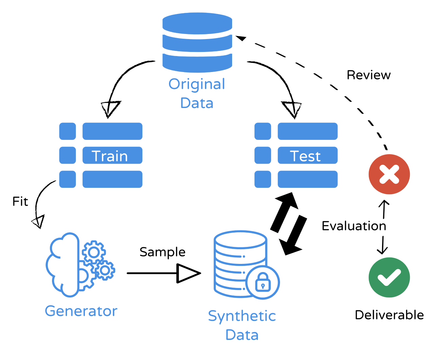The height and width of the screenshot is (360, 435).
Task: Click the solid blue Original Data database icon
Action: click(x=197, y=42)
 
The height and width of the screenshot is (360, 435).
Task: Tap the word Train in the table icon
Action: click(x=109, y=156)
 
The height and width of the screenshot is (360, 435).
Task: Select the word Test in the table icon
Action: click(x=305, y=156)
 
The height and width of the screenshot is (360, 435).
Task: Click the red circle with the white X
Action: click(x=389, y=174)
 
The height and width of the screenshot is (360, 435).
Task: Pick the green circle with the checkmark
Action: click(x=389, y=277)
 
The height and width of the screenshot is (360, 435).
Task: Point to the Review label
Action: click(x=368, y=75)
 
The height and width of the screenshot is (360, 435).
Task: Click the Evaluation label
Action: click(x=354, y=226)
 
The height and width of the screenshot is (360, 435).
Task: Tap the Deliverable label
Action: click(x=389, y=315)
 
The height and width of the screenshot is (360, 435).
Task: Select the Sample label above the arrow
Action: click(x=162, y=252)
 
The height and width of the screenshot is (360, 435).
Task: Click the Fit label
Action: click(x=20, y=201)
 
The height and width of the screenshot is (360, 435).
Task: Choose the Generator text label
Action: click(x=81, y=311)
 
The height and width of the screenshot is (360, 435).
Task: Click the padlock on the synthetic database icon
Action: click(x=263, y=282)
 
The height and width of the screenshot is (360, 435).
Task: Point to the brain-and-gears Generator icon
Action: click(x=80, y=265)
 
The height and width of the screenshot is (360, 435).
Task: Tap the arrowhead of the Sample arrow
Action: click(x=188, y=273)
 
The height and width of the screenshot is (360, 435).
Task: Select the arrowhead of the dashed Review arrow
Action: click(x=241, y=38)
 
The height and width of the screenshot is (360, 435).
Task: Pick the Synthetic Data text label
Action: click(x=242, y=325)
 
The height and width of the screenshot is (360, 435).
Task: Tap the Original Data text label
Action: click(x=197, y=93)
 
